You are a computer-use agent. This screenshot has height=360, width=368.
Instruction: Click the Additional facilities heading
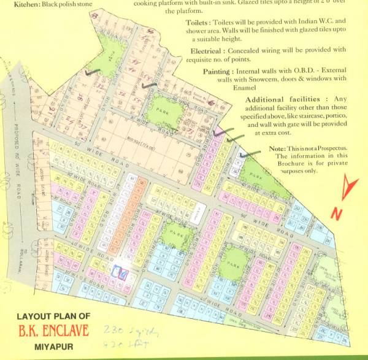pyautogui.click(x=283, y=99)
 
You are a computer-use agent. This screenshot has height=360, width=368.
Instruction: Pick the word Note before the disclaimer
pyautogui.click(x=277, y=149)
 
